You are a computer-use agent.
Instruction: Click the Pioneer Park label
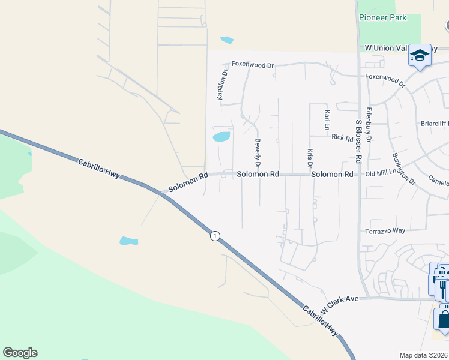382,17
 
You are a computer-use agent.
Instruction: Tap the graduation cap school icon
420,56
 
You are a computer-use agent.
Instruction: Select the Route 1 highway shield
215,236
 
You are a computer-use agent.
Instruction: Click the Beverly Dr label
258,153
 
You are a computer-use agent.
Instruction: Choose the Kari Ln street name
327,120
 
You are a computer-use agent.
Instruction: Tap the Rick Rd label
342,137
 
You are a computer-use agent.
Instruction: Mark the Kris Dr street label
310,158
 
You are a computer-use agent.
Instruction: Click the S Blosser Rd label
359,142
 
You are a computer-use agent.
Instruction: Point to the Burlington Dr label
403,168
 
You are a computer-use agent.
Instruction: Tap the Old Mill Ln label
382,174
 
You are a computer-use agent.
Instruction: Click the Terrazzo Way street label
385,231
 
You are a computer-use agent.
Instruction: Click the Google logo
20,352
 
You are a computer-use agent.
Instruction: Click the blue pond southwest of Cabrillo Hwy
128,241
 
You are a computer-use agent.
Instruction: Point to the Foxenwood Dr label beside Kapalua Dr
253,65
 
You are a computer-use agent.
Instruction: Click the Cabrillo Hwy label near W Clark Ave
319,319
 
